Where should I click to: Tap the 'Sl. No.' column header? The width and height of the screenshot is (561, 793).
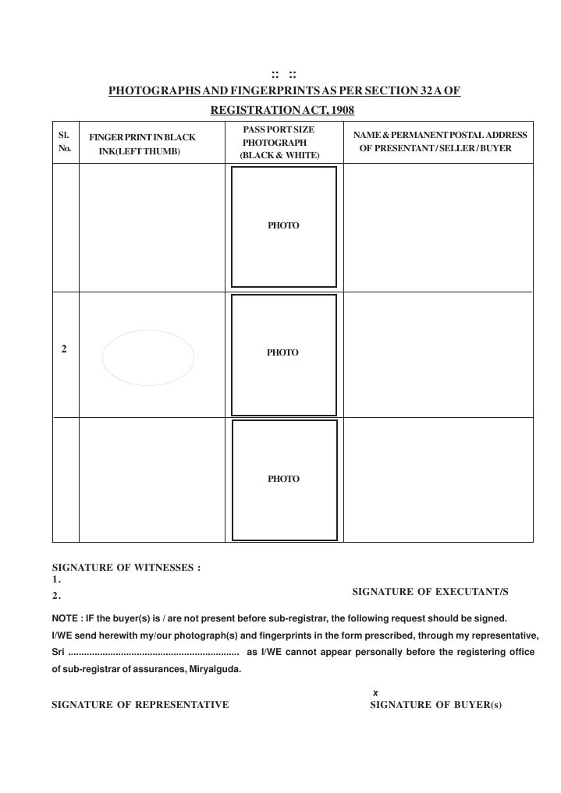[65, 141]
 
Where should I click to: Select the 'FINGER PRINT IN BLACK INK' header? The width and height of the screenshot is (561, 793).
[142, 144]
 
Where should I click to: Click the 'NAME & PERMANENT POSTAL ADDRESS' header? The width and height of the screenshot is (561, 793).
[440, 141]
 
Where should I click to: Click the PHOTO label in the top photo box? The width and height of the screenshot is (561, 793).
[283, 225]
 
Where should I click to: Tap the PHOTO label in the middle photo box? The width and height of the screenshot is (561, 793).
[282, 352]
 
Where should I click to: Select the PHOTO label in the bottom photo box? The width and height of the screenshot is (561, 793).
[283, 479]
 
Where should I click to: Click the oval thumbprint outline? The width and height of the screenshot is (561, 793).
[148, 357]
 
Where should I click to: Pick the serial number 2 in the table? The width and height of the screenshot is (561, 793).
[63, 349]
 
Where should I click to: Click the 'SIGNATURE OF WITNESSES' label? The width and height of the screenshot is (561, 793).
[126, 568]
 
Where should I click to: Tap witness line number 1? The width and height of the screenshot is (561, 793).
[56, 580]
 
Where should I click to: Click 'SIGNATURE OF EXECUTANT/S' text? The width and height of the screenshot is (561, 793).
[430, 593]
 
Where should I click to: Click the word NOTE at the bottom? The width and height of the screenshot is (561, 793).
[65, 617]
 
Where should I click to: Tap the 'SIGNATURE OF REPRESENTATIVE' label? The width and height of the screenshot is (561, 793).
[140, 705]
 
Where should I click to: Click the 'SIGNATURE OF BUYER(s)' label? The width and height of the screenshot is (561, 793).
[435, 705]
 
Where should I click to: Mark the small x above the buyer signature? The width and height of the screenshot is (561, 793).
[375, 692]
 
